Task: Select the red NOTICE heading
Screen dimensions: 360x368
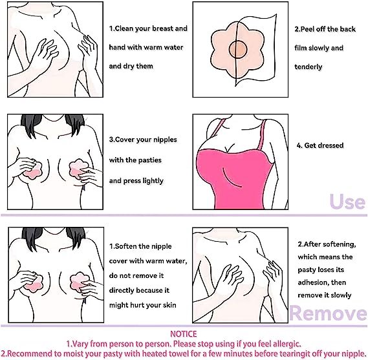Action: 184,333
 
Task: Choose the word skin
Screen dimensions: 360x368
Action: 171,304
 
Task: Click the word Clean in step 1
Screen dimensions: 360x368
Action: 128,29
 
